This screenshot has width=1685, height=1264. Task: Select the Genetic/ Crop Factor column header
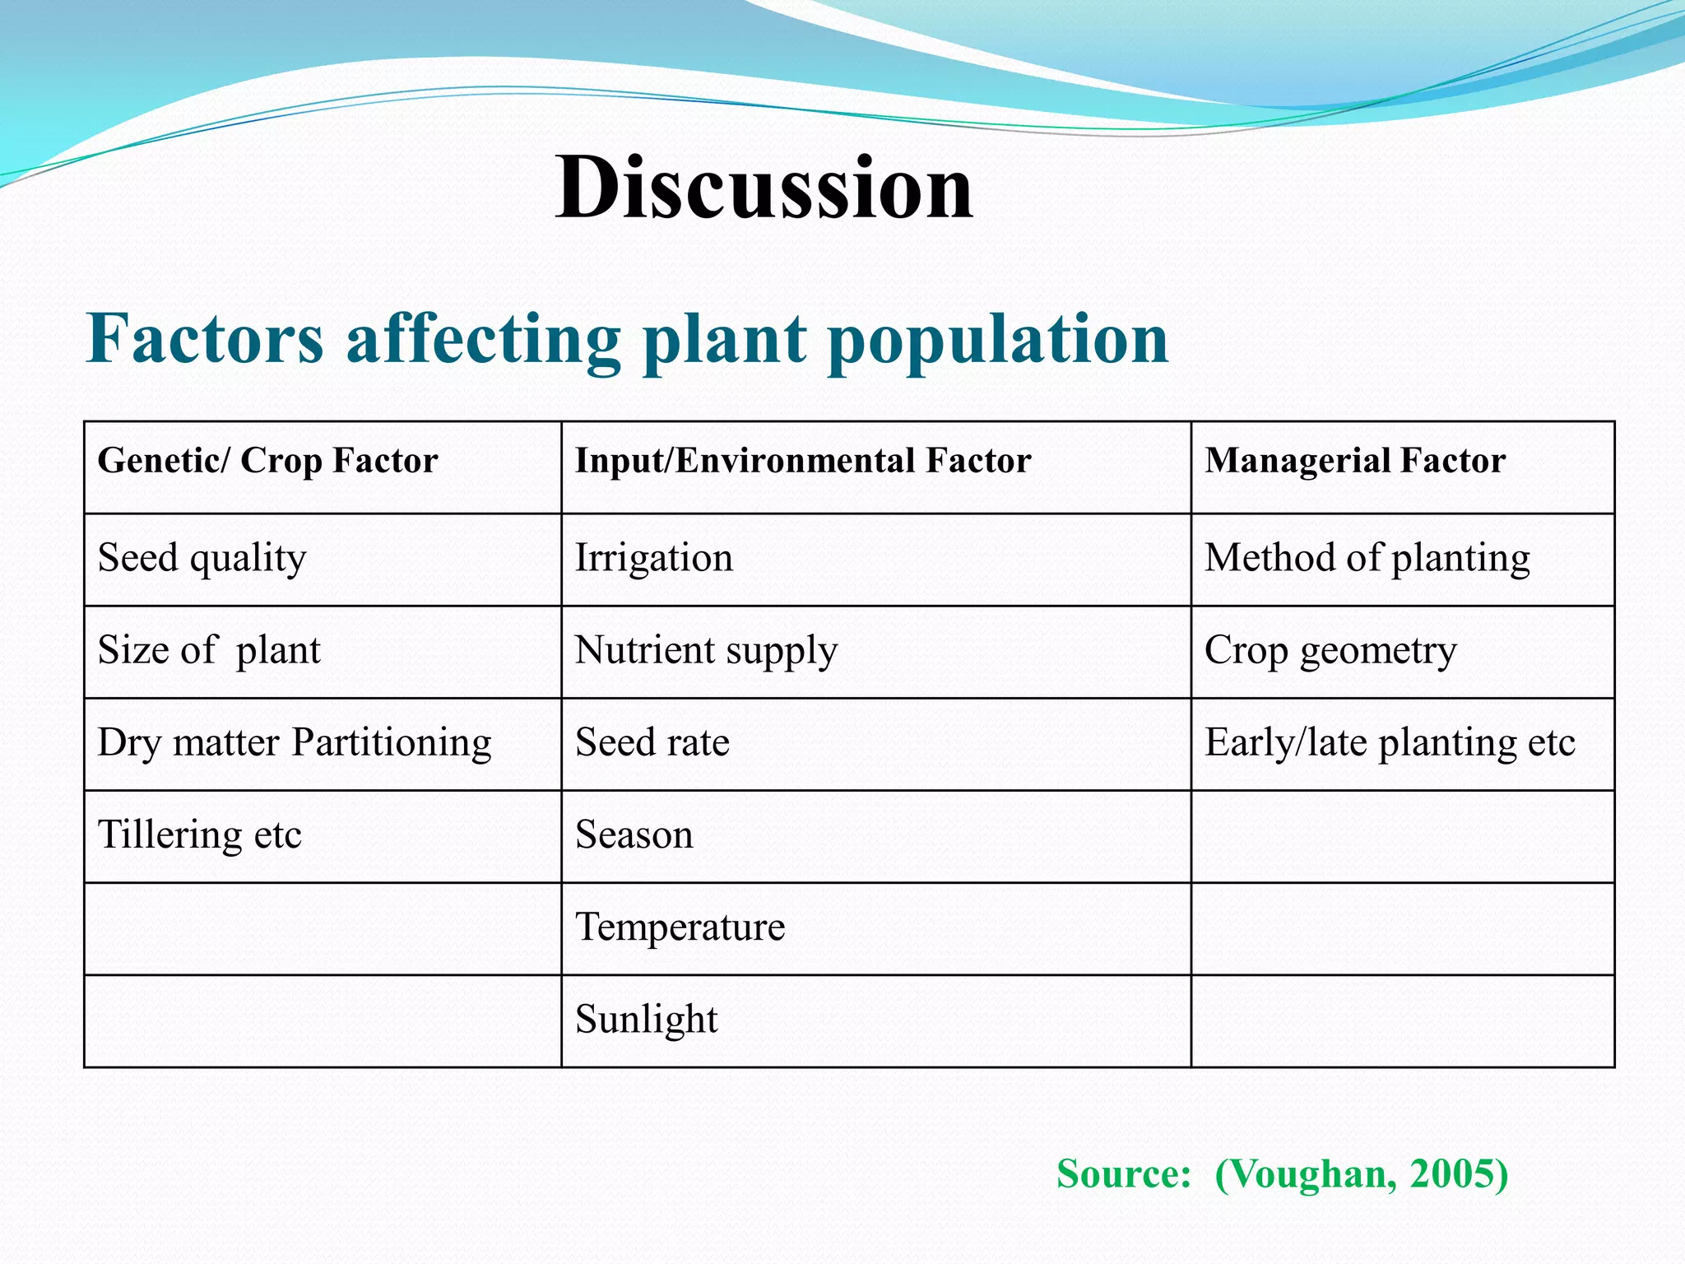tap(267, 461)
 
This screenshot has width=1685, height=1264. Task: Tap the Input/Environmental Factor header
tap(802, 461)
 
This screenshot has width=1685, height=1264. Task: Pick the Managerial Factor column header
tap(1355, 461)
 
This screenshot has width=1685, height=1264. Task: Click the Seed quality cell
tap(202, 559)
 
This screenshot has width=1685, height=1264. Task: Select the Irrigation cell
tap(653, 559)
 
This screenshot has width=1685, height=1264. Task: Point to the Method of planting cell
tap(1367, 559)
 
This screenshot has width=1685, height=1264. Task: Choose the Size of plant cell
tap(209, 651)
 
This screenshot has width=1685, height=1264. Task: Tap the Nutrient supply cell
tap(706, 651)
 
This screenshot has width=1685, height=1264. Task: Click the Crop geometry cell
tap(1330, 651)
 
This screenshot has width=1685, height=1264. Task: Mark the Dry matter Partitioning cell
tap(295, 743)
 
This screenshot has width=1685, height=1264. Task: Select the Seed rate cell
tap(652, 743)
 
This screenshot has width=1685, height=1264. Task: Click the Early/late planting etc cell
tap(1390, 743)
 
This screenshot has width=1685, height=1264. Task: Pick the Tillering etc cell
tap(199, 835)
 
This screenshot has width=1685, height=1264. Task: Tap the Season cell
tap(634, 835)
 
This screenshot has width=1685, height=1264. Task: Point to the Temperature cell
tap(680, 927)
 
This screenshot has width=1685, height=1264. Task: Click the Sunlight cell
tap(646, 1020)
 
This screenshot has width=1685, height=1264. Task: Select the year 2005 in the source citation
tap(1451, 1173)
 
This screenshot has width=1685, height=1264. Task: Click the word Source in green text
tap(1122, 1173)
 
